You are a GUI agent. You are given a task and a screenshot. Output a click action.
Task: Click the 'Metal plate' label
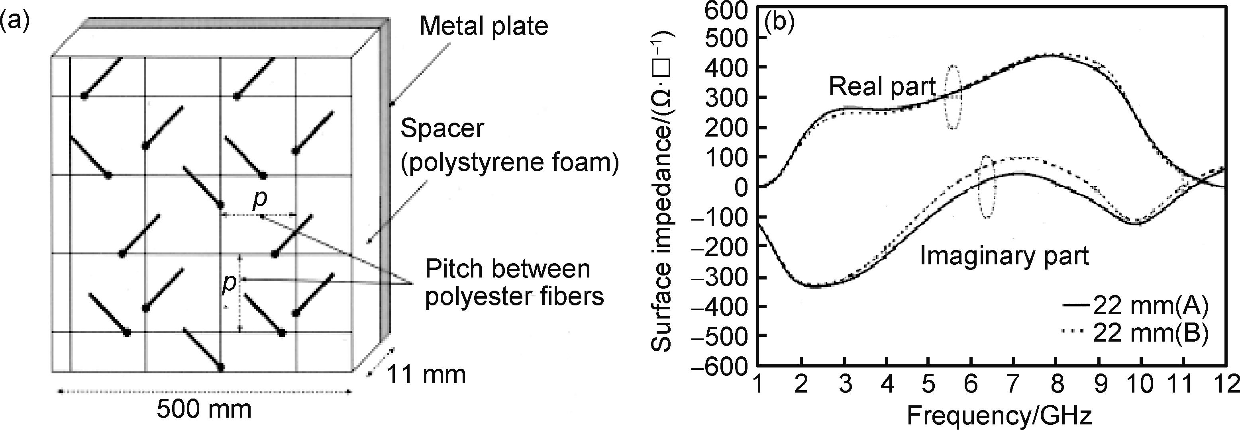[483, 26]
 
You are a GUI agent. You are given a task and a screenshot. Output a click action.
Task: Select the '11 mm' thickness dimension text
[426, 374]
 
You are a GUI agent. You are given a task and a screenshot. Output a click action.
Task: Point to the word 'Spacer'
[442, 129]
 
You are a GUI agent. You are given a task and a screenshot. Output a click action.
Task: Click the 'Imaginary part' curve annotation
[1004, 256]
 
